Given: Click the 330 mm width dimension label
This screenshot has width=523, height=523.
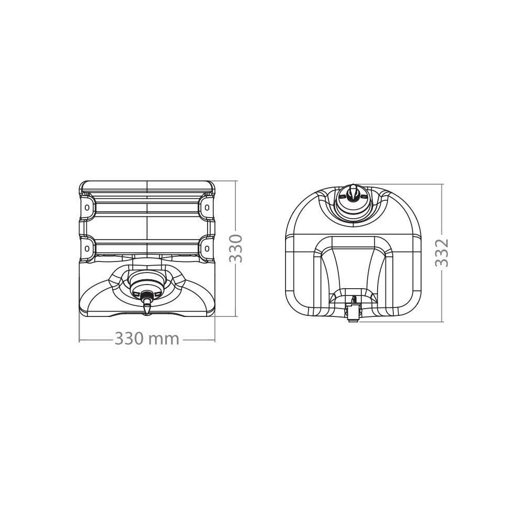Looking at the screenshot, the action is click(x=147, y=339).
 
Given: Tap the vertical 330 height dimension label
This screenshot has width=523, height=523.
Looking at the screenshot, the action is click(x=236, y=249).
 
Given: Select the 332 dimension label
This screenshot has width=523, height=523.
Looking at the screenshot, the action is click(x=442, y=253).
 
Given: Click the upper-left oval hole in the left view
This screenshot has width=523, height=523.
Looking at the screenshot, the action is click(x=87, y=207).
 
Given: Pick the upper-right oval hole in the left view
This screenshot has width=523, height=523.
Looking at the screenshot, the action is click(x=207, y=207).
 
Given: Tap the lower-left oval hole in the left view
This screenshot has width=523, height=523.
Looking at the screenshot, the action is click(x=87, y=248).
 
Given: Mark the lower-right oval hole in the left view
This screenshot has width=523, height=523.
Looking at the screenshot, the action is click(x=207, y=248).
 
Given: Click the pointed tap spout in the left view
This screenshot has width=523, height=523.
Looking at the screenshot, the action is click(x=147, y=306).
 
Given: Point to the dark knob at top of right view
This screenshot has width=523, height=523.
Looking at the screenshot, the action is click(x=352, y=194).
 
